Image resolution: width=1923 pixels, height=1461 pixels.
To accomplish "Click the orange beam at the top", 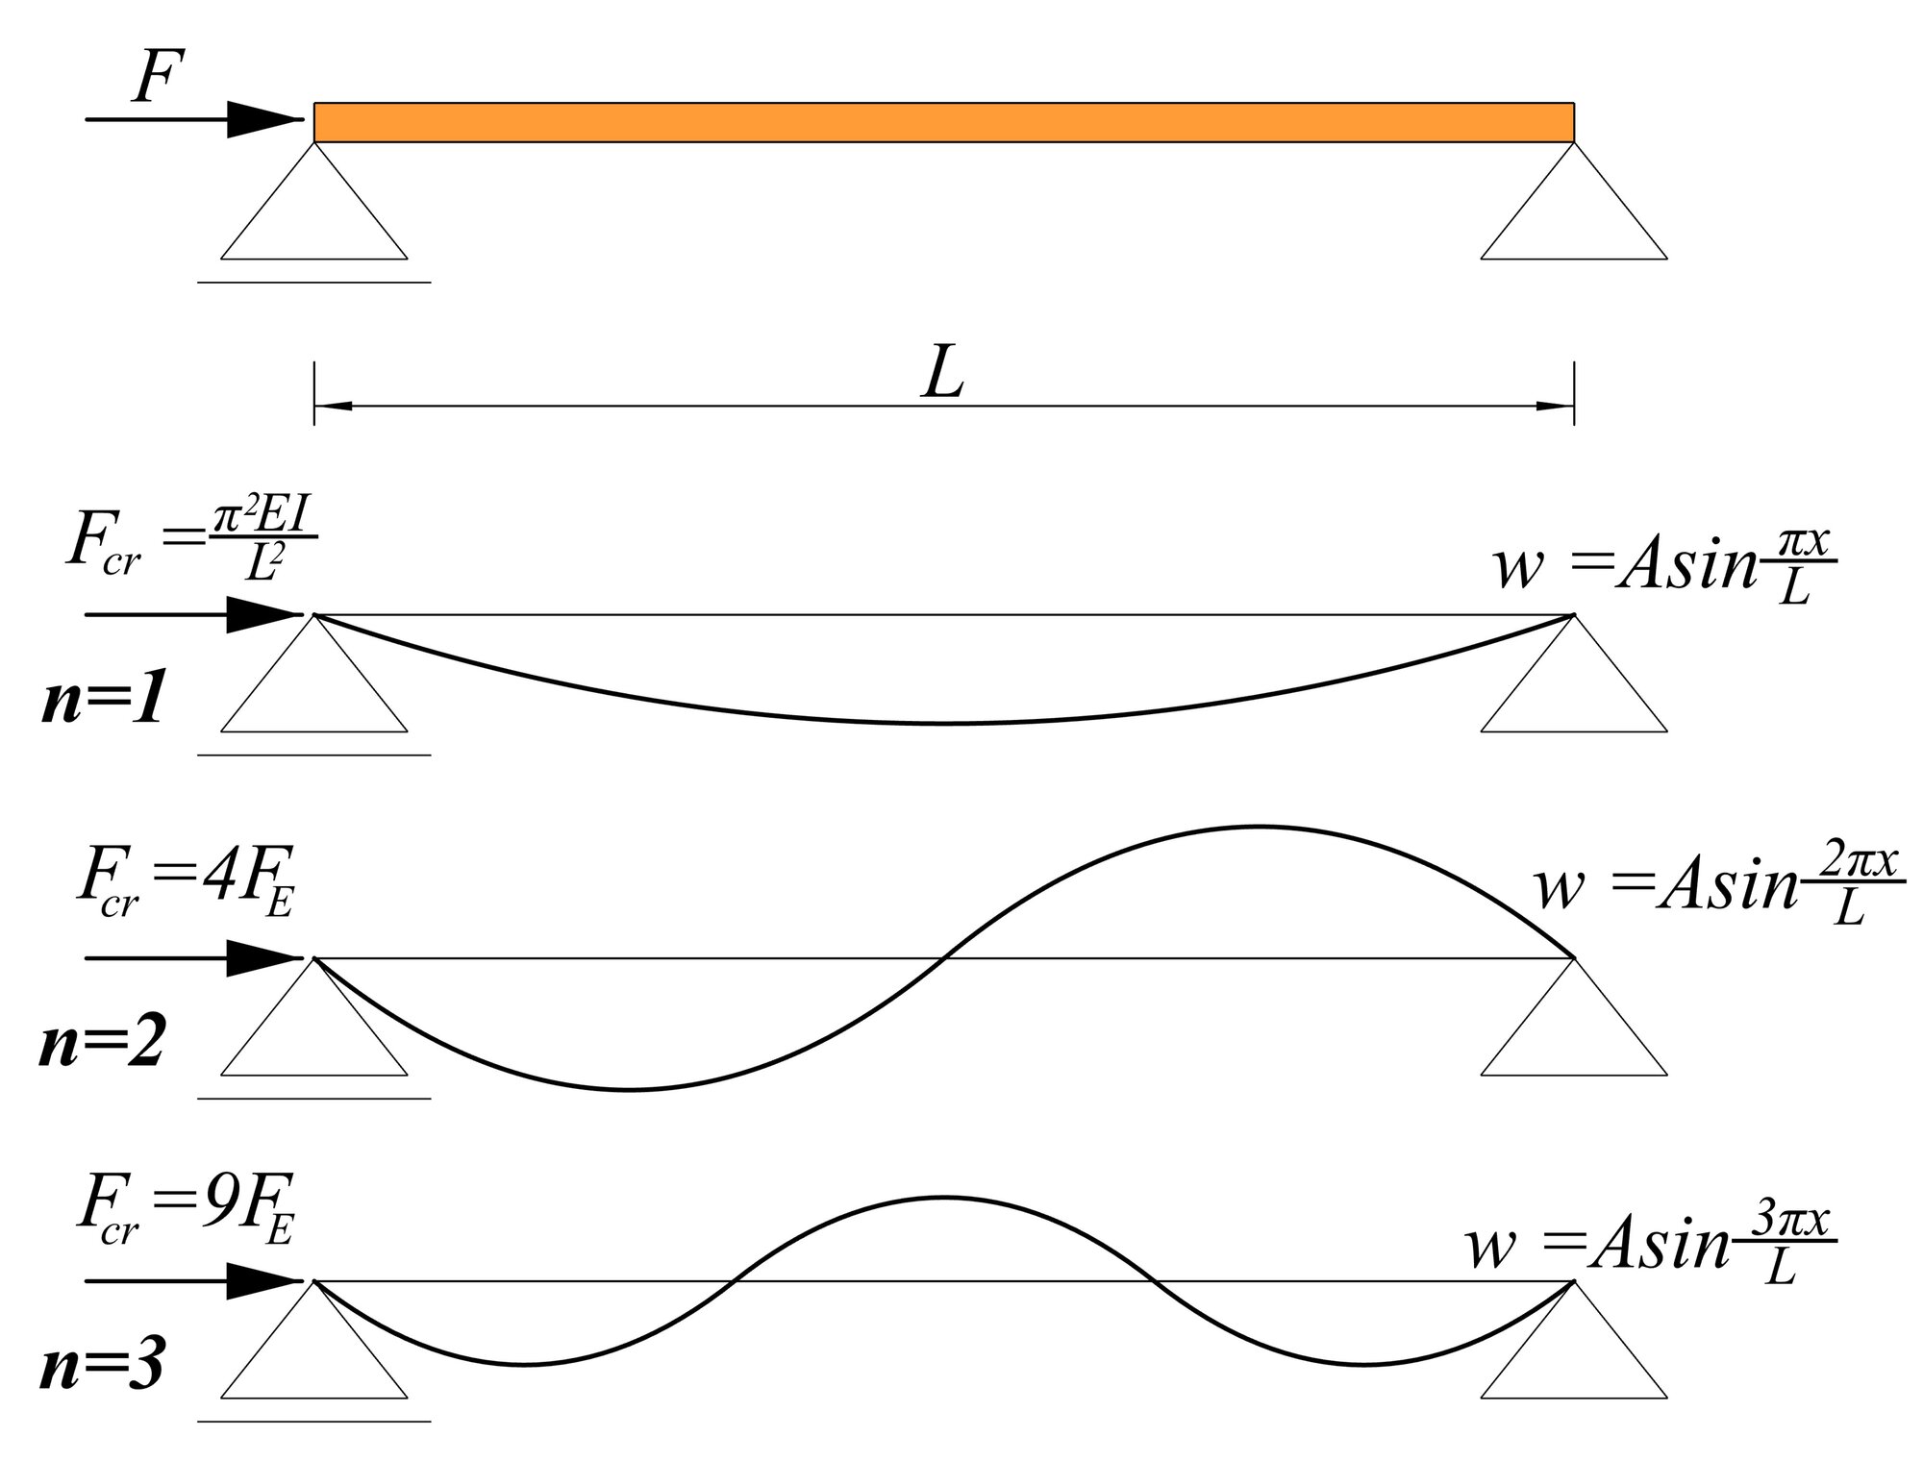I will click(x=943, y=122).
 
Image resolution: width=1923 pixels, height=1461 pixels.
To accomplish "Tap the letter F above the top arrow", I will click(x=158, y=78).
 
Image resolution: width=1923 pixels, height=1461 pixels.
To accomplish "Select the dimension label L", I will click(x=942, y=375).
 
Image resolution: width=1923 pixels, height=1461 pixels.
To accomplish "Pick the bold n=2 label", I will click(x=102, y=1045).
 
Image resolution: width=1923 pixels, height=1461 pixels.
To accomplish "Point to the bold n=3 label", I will click(x=102, y=1367).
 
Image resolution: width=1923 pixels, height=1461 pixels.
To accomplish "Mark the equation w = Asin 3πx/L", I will click(x=1650, y=1247).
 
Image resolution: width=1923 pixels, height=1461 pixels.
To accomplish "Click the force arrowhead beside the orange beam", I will click(x=264, y=120).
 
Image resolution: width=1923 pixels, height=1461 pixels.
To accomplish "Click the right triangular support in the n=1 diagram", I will click(x=1574, y=686).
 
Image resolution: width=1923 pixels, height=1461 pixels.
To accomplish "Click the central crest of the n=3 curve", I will click(x=943, y=1198).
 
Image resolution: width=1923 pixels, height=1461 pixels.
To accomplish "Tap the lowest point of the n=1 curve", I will click(x=943, y=723).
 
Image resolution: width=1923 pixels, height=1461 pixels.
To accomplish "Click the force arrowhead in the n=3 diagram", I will click(x=264, y=1281).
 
